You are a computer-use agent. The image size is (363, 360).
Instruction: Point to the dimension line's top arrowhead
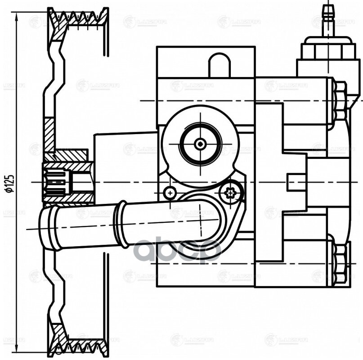pyautogui.click(x=17, y=16)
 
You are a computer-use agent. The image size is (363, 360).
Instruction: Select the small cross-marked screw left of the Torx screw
pyautogui.click(x=170, y=193)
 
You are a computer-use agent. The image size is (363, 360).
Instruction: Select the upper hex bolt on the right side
pyautogui.click(x=341, y=101)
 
